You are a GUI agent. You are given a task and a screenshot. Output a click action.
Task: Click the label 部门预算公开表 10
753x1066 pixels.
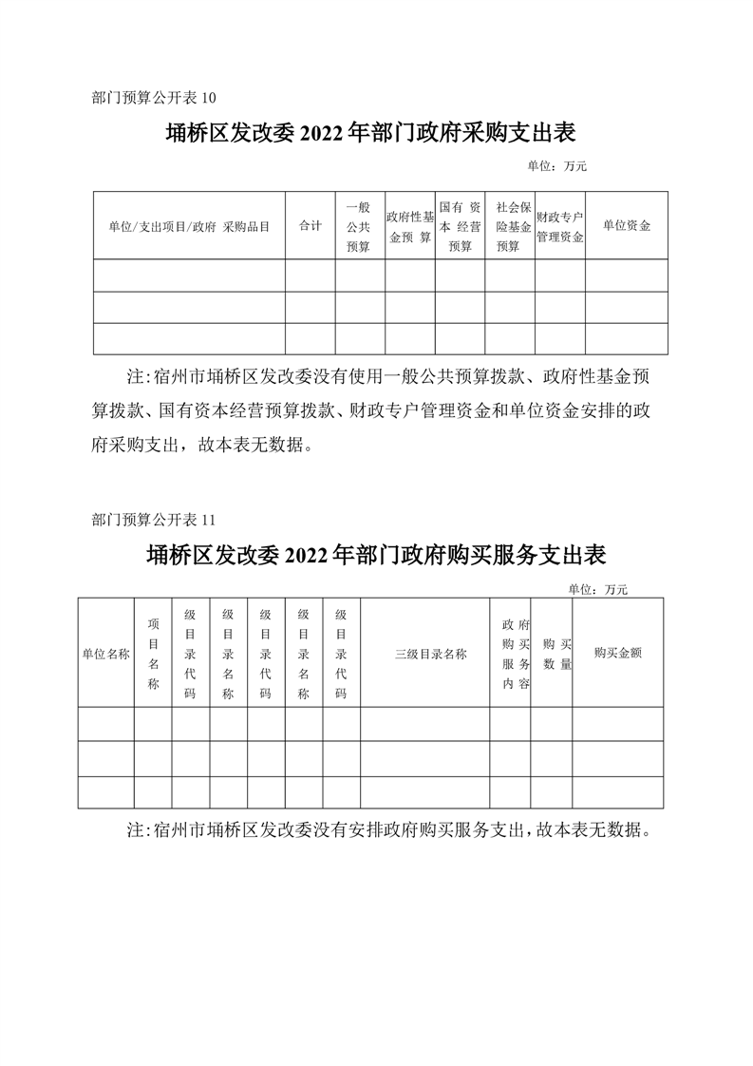coord(155,97)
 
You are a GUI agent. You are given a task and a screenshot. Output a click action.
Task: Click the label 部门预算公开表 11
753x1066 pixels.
coord(155,520)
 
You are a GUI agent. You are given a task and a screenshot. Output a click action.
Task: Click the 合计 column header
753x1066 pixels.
coord(310,226)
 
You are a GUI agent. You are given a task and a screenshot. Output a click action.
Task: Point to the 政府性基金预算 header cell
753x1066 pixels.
coord(409,226)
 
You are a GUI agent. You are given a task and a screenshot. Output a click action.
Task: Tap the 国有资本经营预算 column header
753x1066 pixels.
coord(460,226)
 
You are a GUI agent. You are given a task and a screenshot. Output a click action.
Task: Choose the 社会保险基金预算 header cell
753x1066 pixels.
coord(509,226)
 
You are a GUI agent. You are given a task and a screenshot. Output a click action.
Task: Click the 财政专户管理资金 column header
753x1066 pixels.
coord(559,226)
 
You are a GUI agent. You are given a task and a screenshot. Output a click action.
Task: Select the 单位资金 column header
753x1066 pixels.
coord(626,226)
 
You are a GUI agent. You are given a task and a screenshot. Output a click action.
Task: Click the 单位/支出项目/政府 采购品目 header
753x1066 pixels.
coord(189,226)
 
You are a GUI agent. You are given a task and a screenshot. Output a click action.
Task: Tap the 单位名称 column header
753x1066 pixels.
coord(105,654)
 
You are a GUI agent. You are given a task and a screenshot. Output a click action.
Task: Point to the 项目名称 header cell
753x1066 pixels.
coord(153,654)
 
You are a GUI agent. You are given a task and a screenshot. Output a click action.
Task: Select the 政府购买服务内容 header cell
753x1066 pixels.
coord(510,654)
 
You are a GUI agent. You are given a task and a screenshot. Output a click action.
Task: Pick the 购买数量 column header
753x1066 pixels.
coord(551,654)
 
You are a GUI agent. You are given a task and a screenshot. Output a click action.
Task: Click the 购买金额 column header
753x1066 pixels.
coord(617,654)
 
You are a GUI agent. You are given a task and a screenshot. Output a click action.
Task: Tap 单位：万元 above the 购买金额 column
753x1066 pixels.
coord(598,589)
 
